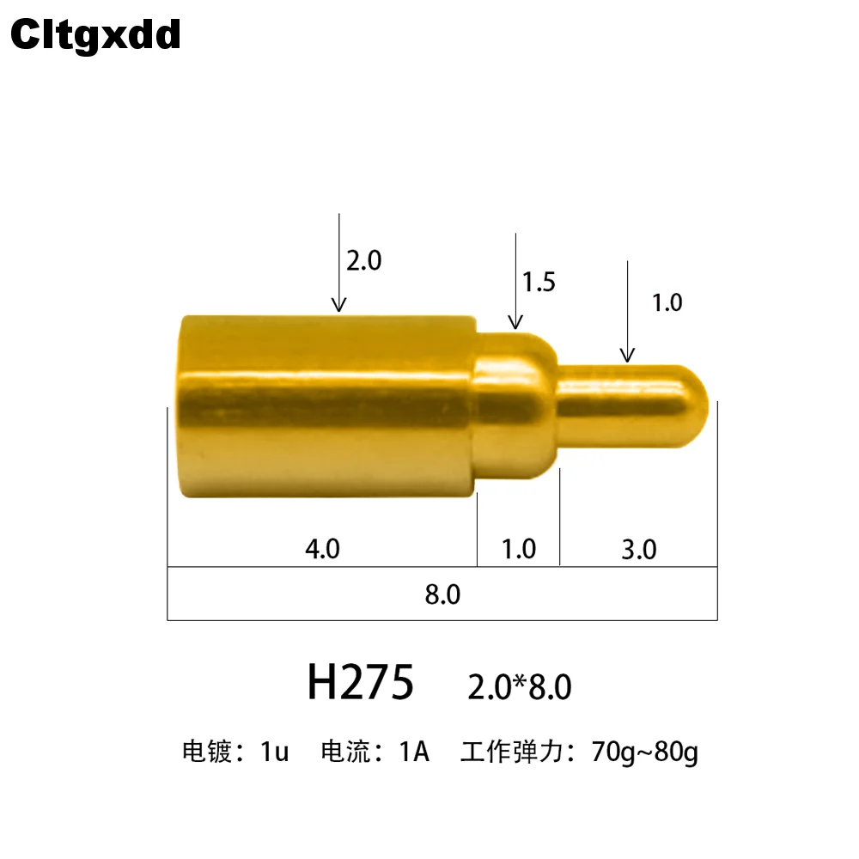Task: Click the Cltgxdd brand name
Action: click(x=95, y=35)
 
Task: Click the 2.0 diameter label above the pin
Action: click(x=363, y=260)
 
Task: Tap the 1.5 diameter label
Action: click(x=539, y=282)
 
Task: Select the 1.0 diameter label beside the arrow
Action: click(x=667, y=302)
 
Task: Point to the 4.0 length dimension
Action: click(x=323, y=548)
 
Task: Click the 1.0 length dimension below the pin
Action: click(x=519, y=548)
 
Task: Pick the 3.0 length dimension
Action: click(x=639, y=549)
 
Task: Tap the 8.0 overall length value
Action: click(x=442, y=594)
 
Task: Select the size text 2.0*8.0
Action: click(x=520, y=686)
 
